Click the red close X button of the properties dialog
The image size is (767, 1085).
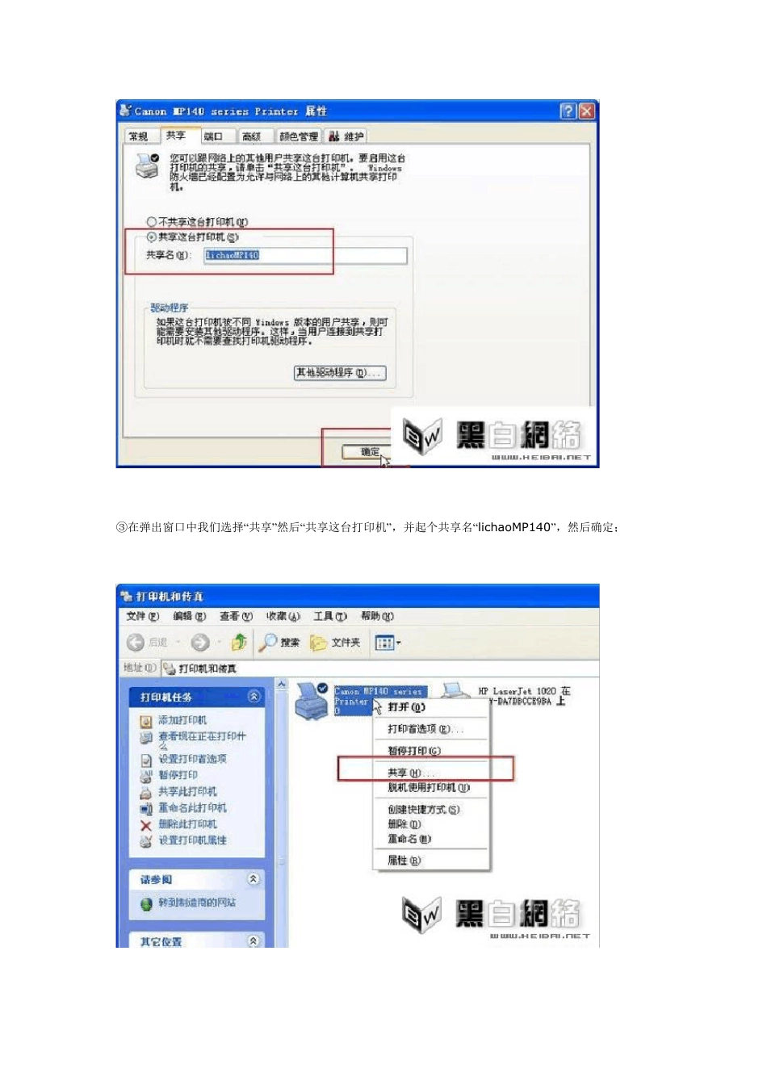coord(587,111)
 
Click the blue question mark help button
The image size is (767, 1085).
coord(568,111)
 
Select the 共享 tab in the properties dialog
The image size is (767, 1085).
coord(176,136)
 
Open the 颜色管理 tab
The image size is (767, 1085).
coord(299,136)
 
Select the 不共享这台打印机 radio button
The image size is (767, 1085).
coord(151,222)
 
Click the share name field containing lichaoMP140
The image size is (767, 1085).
coord(305,256)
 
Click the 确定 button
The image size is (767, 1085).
coord(370,452)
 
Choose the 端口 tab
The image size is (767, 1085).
coord(214,136)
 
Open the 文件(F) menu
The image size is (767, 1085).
coord(142,617)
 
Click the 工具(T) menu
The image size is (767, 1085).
coord(329,617)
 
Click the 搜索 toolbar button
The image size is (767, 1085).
coord(280,643)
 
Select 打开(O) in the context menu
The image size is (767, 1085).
coord(405,707)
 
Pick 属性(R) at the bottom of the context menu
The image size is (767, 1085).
coord(403,861)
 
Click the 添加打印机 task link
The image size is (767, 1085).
coord(182,720)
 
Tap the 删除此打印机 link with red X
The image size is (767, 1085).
coord(187,824)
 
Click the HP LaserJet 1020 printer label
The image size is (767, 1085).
coord(523,696)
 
